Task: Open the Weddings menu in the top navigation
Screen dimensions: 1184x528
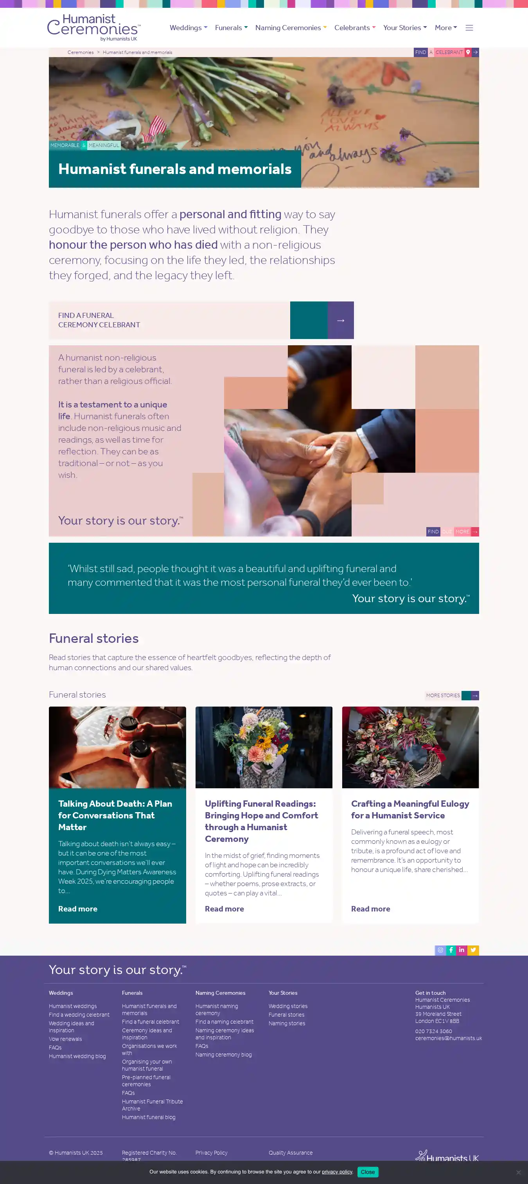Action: point(188,28)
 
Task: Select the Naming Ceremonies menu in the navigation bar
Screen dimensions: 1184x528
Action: point(291,28)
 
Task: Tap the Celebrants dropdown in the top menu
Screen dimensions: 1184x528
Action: point(355,28)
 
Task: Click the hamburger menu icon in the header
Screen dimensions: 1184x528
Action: point(469,28)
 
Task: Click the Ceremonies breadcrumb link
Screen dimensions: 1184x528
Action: point(81,52)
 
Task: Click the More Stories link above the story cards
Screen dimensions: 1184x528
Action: point(452,695)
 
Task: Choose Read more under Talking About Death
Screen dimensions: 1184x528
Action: point(78,909)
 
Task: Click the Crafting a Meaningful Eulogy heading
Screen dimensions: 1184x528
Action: point(410,809)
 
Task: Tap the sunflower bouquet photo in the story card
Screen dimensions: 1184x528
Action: point(264,747)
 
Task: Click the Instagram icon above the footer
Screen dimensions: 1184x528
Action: point(440,950)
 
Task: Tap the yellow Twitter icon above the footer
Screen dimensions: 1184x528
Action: point(473,950)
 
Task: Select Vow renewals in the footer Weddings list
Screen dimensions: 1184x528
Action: point(65,1039)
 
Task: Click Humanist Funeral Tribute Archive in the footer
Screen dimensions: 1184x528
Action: point(152,1105)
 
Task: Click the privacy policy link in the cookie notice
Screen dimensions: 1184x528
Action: point(337,1171)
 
